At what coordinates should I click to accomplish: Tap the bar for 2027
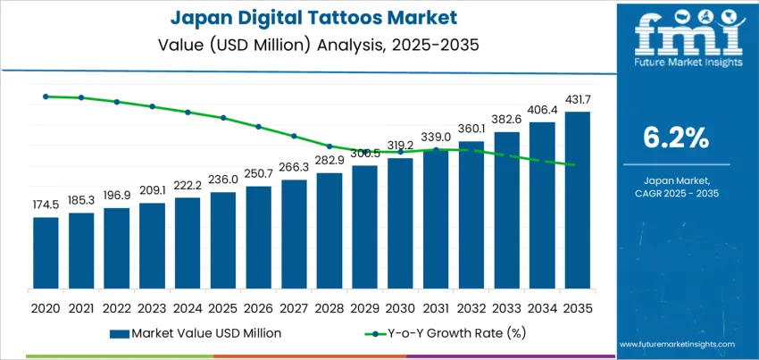point(294,238)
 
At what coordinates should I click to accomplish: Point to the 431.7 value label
point(577,98)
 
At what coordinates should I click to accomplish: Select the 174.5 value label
point(46,205)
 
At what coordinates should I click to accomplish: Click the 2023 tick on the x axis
point(152,308)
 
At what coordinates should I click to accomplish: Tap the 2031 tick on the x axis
point(436,308)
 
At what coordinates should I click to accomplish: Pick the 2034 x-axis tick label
point(542,308)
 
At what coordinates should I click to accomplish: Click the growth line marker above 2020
point(46,96)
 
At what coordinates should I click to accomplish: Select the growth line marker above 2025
point(223,117)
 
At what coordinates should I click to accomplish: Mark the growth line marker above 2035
point(577,165)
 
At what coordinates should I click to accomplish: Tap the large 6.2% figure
point(676,138)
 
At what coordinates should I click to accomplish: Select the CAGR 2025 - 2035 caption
point(676,193)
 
